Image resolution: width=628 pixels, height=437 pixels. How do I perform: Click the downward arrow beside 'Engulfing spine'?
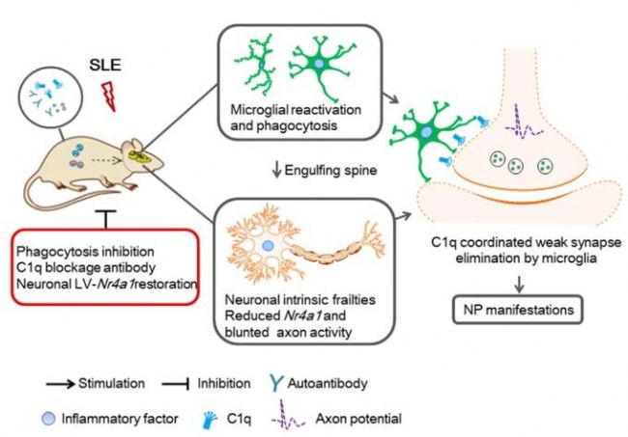[273, 172]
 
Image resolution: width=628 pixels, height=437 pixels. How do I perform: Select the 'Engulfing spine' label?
[321, 172]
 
